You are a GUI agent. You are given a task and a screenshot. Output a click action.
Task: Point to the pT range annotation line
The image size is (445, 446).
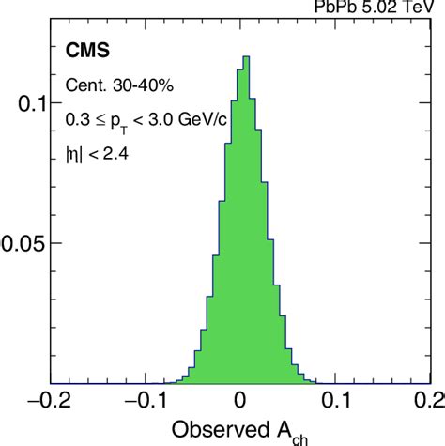click(x=130, y=119)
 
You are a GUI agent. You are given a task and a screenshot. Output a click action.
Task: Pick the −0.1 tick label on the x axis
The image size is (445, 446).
click(x=147, y=401)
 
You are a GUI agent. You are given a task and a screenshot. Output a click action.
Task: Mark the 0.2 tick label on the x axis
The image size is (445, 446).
click(x=425, y=401)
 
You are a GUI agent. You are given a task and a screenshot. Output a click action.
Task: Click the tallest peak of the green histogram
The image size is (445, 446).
click(x=246, y=60)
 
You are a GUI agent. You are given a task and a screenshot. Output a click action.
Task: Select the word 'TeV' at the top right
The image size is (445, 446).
click(x=422, y=6)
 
